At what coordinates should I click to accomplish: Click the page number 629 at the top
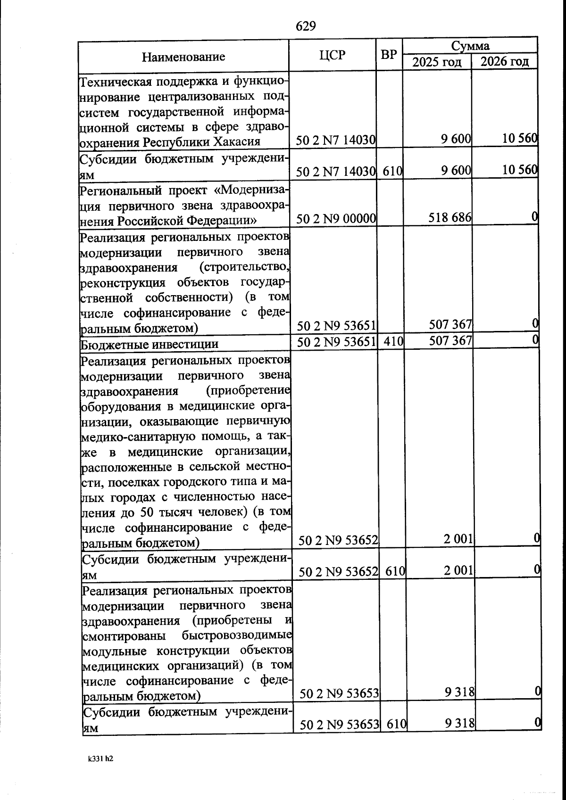click(x=306, y=26)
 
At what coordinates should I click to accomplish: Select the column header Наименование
click(x=183, y=57)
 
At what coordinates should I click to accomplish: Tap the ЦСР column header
click(x=332, y=55)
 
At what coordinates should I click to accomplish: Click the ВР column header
click(x=389, y=55)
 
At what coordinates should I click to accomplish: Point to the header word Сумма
click(x=470, y=46)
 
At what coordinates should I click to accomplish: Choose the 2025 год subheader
click(x=437, y=62)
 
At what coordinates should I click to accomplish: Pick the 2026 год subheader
click(x=504, y=61)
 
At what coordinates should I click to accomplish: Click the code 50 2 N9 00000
click(x=336, y=218)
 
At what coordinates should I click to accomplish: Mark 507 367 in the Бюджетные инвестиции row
click(x=450, y=340)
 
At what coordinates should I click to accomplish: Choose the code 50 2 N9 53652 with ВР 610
click(x=338, y=572)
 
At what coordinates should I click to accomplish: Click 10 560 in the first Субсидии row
click(x=519, y=170)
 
